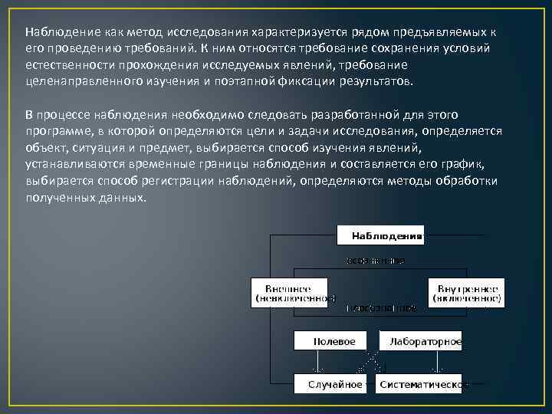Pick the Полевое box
334,340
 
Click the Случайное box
334,383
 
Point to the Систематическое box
419,383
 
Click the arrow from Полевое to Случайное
314,362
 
